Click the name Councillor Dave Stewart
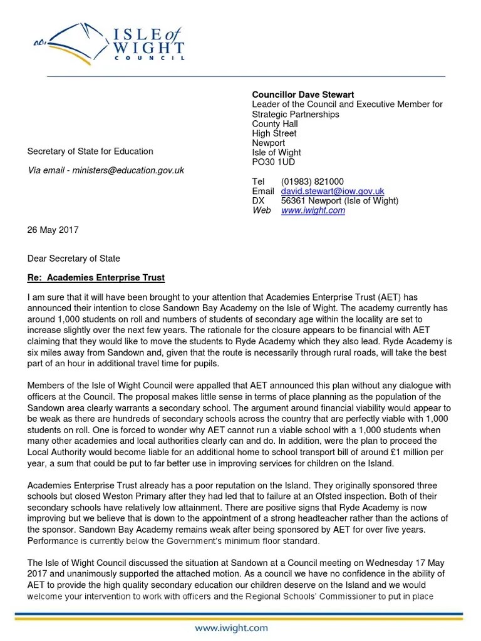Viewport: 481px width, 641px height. point(303,95)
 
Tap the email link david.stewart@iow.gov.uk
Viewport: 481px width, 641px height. point(333,191)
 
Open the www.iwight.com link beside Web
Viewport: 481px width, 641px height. point(313,210)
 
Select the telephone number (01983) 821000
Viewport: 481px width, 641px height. point(312,182)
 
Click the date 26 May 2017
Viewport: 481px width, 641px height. point(53,230)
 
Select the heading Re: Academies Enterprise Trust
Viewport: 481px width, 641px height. point(96,277)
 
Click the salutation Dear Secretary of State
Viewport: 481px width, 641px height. point(73,259)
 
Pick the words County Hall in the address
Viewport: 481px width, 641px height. point(275,124)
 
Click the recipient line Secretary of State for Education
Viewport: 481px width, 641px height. point(90,151)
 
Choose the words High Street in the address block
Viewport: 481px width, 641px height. point(274,133)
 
